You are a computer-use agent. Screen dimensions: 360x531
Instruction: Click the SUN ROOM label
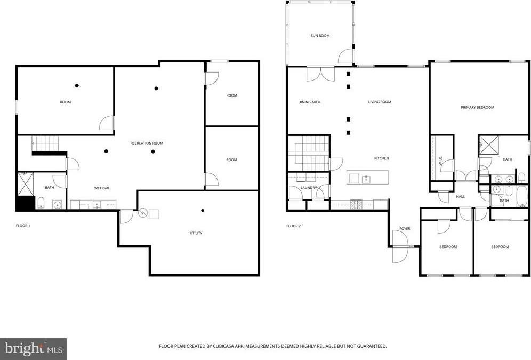point(320,36)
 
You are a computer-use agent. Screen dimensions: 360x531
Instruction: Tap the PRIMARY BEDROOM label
point(477,107)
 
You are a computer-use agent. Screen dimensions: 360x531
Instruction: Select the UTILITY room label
point(196,233)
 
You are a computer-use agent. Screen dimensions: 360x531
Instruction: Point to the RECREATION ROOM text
point(147,143)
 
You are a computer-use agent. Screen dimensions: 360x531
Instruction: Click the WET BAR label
point(102,188)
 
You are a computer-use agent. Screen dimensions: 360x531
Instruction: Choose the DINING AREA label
point(309,102)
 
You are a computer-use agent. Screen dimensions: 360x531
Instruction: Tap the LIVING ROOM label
point(380,102)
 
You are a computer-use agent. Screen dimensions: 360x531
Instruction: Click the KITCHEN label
point(381,158)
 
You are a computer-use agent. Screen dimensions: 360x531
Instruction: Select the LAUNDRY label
point(309,188)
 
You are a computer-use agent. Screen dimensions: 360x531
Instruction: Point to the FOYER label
point(405,229)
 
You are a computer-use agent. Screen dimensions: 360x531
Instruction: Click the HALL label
point(460,197)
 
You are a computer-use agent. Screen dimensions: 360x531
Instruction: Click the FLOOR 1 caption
point(23,226)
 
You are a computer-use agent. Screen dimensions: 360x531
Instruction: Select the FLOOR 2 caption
point(293,226)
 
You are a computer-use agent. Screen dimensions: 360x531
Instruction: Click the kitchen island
point(368,177)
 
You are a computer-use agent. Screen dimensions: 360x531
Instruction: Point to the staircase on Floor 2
point(308,153)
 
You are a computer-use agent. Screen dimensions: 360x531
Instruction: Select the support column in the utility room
point(202,211)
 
